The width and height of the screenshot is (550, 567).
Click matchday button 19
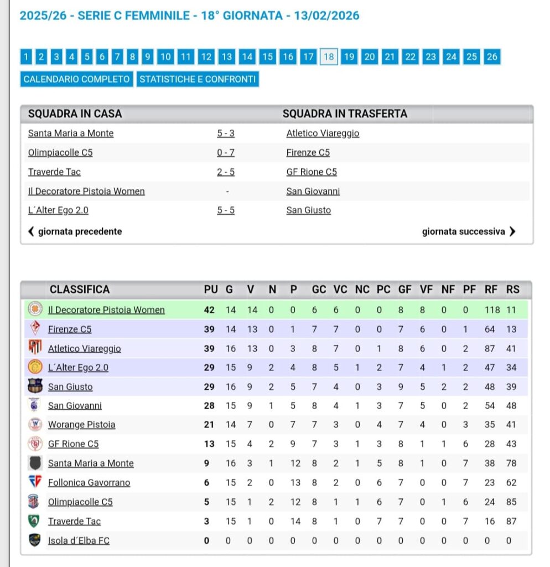tap(349, 56)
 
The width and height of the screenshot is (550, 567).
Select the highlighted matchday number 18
tap(329, 56)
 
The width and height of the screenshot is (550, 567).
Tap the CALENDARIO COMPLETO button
tap(77, 79)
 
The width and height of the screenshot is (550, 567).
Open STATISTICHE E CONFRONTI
tap(198, 79)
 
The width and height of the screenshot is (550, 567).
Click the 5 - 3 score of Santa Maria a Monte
tap(226, 133)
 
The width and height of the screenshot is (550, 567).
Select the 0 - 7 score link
tap(226, 153)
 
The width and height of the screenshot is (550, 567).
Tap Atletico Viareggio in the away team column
tap(323, 133)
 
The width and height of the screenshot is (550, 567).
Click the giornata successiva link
tap(468, 231)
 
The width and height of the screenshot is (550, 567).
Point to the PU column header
tap(211, 290)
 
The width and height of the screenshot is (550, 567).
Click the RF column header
tap(491, 290)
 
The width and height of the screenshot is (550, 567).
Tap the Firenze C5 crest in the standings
tap(35, 329)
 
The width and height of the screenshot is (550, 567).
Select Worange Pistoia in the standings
tap(81, 425)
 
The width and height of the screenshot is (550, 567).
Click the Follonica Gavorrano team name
tap(89, 483)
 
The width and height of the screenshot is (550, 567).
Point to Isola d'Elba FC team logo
tap(35, 540)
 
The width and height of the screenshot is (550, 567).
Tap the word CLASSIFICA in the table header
tap(80, 290)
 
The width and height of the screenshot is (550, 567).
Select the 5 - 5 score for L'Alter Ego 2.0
tap(226, 210)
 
